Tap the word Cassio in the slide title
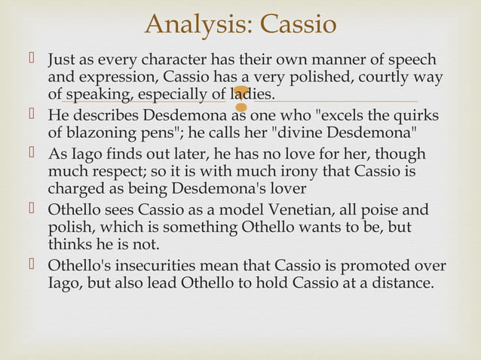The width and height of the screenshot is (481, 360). [296, 25]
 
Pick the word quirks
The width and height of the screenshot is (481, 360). [413, 116]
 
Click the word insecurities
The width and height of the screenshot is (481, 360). [149, 267]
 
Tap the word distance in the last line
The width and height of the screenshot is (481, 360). [404, 285]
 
